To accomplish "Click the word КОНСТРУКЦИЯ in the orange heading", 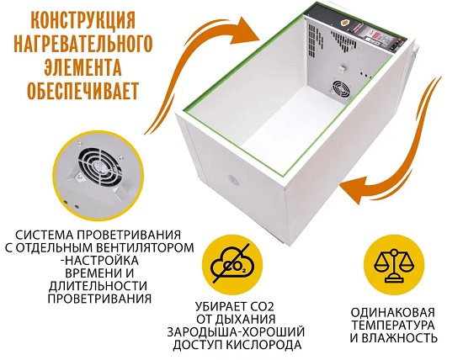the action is (83, 20).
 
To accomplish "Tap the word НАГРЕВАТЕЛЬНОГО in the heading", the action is (83, 44).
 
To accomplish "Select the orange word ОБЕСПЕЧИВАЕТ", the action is (82, 90).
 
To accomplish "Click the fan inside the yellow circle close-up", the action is (99, 166).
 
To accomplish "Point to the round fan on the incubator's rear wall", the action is (341, 90).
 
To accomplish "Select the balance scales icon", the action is (394, 265).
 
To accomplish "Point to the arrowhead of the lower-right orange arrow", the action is (354, 190).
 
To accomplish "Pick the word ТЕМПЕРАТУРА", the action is (393, 326).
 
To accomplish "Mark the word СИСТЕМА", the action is (45, 236).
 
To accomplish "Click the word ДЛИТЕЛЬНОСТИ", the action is (98, 286).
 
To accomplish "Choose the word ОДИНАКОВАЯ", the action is (393, 312).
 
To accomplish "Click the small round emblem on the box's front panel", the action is (233, 180).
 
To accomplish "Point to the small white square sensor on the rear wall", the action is (343, 68).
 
